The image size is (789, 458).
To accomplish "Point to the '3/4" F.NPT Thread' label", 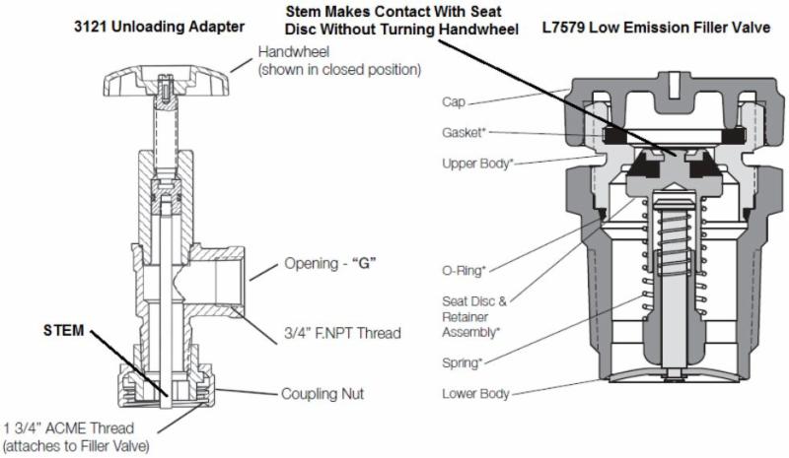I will [342, 333].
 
